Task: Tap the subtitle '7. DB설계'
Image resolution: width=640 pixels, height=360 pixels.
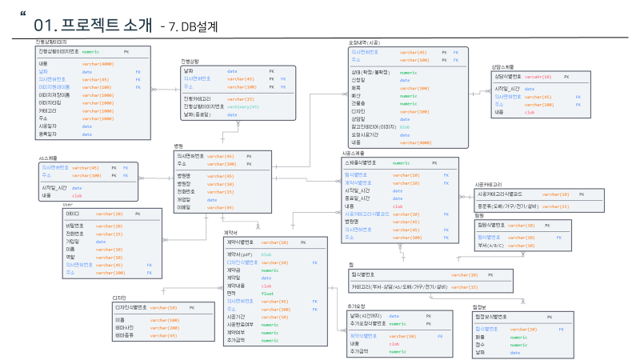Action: coord(189,26)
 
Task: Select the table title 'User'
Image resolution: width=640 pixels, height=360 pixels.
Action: coord(68,204)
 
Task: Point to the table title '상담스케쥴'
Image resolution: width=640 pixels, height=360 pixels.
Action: coord(503,66)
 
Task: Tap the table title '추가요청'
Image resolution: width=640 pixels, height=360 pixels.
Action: coord(356,306)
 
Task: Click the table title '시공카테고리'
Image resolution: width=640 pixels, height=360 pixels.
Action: coord(488,184)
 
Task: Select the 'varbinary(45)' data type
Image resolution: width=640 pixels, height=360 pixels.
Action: coord(244,106)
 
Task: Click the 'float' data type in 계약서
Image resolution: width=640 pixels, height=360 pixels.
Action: coord(268,294)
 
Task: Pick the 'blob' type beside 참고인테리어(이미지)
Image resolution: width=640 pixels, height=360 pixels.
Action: coord(405,126)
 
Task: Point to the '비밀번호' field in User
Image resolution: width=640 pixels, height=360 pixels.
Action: coord(75,226)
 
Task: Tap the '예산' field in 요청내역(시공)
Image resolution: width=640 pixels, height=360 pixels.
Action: coord(358,95)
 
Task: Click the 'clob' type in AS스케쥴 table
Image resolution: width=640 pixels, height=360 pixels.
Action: coord(77,195)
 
